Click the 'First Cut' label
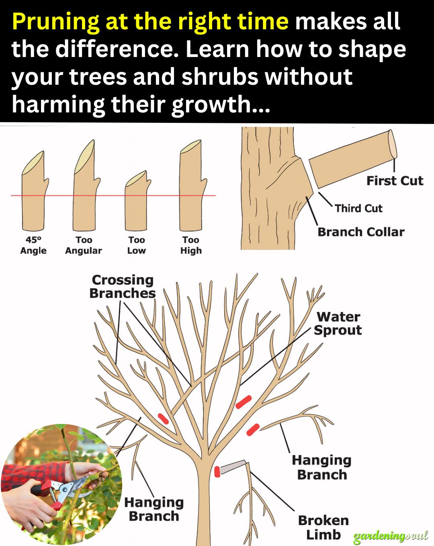[395, 181]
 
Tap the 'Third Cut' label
[358, 208]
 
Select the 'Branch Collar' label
[361, 232]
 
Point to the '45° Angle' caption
[33, 245]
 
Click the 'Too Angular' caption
[84, 245]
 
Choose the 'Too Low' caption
[137, 245]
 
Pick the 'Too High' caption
[191, 245]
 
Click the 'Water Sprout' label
[338, 324]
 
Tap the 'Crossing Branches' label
[123, 287]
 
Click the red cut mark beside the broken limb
[217, 472]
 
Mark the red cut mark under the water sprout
[244, 402]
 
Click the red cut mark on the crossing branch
[163, 419]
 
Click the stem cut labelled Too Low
[137, 200]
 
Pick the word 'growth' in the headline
[211, 104]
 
